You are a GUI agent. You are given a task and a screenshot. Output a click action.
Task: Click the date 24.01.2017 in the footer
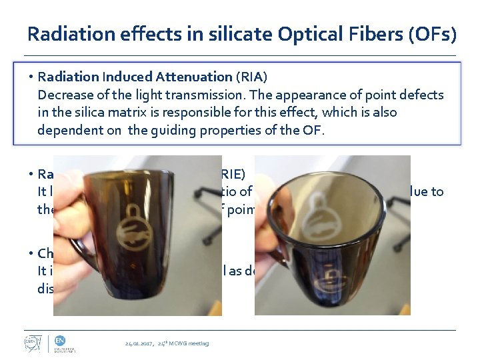coord(139,343)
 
